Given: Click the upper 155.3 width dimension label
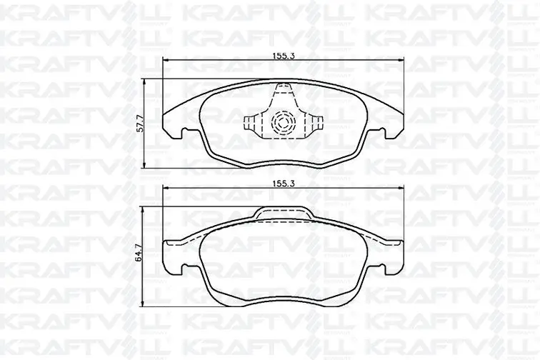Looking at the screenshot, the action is pyautogui.click(x=284, y=56).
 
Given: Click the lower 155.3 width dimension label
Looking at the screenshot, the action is pyautogui.click(x=284, y=184).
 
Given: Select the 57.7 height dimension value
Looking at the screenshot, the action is pyautogui.click(x=140, y=124).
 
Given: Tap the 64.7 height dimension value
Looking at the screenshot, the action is pyautogui.click(x=139, y=253).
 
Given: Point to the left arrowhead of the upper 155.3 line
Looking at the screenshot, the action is pyautogui.click(x=165, y=60).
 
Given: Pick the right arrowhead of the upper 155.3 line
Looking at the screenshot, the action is pyautogui.click(x=400, y=60).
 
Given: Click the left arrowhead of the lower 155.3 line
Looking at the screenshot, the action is pyautogui.click(x=165, y=188).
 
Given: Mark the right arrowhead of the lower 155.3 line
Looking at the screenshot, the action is pyautogui.click(x=400, y=188).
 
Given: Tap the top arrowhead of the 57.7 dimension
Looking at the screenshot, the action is pyautogui.click(x=144, y=82).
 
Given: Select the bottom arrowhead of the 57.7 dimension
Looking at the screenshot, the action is pyautogui.click(x=144, y=165).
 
